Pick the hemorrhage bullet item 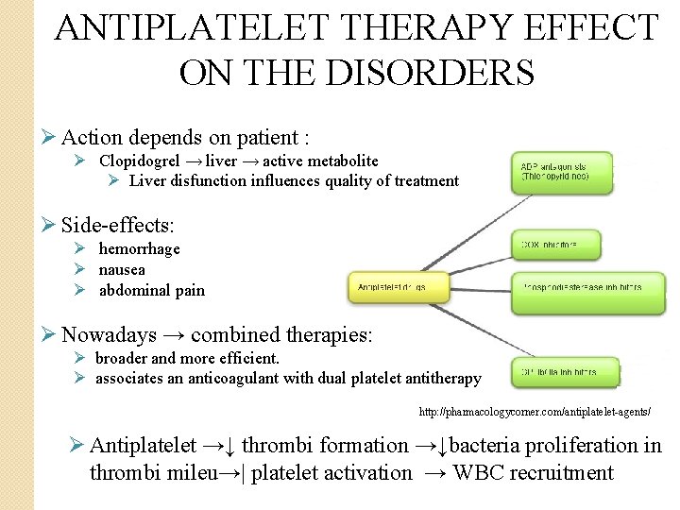click(139, 248)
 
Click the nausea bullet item click(122, 269)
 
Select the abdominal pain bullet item click(151, 290)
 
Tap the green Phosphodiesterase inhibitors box click(576, 289)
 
